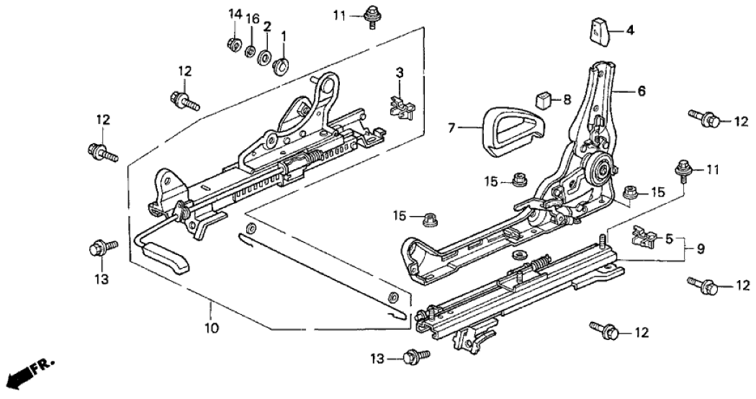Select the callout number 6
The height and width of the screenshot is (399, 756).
tap(641, 91)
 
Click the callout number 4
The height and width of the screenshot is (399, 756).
tap(629, 30)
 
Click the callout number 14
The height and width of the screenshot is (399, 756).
tap(233, 14)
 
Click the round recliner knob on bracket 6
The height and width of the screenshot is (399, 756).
tap(599, 171)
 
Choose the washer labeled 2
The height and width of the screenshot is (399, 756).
tap(264, 58)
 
